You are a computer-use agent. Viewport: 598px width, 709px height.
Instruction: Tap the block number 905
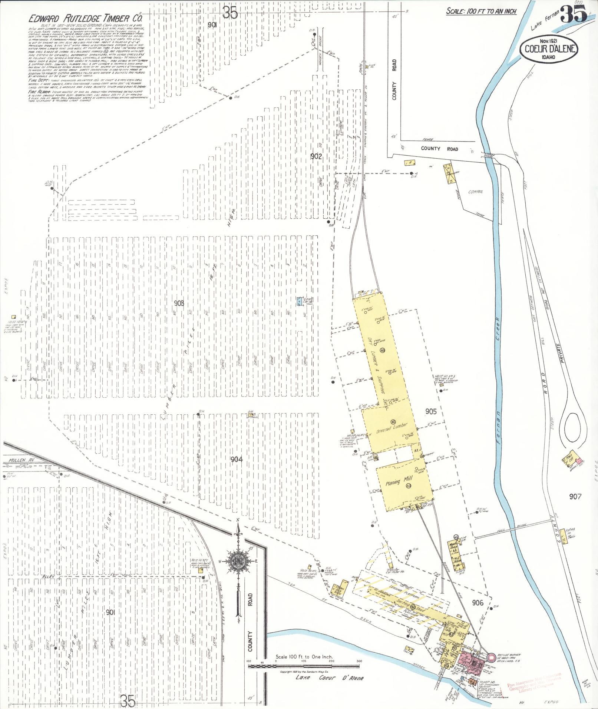tap(431, 411)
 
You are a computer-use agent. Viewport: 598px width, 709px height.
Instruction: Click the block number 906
tap(478, 603)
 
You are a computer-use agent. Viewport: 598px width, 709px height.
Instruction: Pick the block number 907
tap(575, 496)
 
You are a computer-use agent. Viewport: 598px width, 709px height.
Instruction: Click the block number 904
tap(237, 460)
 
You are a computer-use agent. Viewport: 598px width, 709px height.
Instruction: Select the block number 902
tap(316, 156)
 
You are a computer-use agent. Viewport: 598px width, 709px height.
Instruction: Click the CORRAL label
tap(476, 192)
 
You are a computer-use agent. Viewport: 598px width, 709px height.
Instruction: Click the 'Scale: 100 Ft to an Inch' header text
tap(481, 11)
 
